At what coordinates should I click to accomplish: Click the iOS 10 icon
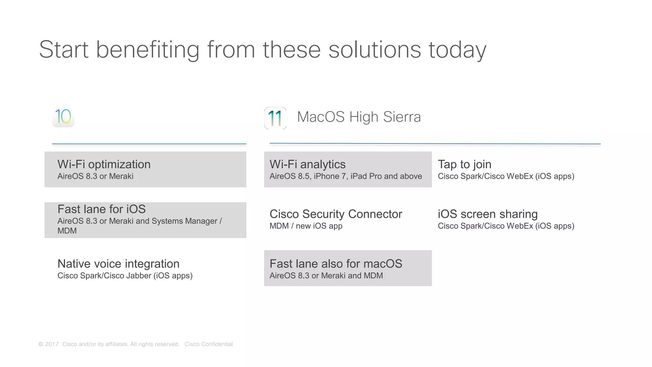coord(63,117)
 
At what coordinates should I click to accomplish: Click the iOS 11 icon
coord(275,118)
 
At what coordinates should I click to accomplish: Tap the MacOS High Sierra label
coord(359,117)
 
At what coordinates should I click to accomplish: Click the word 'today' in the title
coord(457,50)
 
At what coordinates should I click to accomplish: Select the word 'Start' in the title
coord(64,50)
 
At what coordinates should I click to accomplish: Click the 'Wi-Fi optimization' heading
coord(104,164)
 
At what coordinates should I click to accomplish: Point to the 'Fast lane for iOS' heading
coord(101,209)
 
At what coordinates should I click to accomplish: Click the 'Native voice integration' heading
coord(118,264)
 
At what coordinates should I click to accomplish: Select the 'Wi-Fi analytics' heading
coord(307,164)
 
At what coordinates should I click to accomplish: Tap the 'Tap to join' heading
coord(464,164)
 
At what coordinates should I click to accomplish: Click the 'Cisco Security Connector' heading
coord(336,214)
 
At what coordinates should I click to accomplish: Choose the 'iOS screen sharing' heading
coord(487,214)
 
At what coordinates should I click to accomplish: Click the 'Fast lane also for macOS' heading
coord(336,264)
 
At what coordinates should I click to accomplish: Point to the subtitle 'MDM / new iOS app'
coord(306,226)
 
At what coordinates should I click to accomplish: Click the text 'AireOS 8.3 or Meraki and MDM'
coord(326,276)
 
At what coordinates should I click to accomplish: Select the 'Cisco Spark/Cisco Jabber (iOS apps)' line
coord(125,276)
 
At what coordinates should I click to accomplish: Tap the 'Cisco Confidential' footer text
coord(209,344)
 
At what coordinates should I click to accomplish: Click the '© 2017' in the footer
coord(49,344)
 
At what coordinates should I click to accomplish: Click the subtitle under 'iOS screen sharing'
coord(506,226)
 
